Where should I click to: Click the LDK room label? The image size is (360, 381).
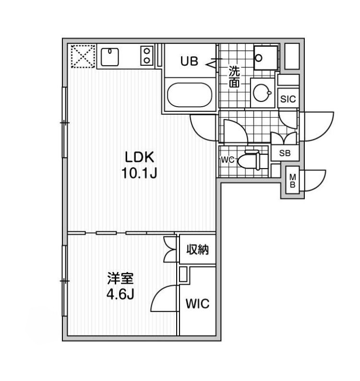[139, 157]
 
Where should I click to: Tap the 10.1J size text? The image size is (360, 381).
[139, 173]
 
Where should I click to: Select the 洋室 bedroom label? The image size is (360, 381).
[120, 279]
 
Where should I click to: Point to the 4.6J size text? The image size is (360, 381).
[120, 295]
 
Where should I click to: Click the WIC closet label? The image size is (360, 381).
[197, 304]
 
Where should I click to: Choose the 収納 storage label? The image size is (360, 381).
[198, 249]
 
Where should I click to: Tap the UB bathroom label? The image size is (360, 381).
[189, 61]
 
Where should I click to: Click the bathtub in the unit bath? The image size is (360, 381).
[190, 95]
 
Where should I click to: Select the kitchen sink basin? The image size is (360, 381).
[110, 57]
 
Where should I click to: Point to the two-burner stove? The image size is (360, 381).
[147, 55]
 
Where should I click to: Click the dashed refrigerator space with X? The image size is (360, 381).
[83, 56]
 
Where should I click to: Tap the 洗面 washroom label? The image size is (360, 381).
[235, 77]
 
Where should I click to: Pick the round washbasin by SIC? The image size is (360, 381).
[262, 93]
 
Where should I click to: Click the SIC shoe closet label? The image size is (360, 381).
[288, 99]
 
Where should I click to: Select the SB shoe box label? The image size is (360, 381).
[285, 153]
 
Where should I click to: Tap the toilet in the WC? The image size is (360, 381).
[249, 160]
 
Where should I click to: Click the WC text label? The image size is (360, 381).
[228, 160]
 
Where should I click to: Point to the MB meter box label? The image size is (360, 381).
[293, 181]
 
